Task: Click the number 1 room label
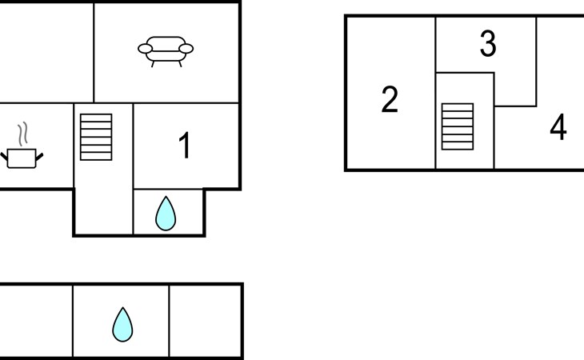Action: click(x=185, y=146)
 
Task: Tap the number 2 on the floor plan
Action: click(x=390, y=100)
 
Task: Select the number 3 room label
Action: click(x=487, y=45)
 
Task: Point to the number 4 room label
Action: click(x=558, y=127)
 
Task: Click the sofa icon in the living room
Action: click(x=166, y=50)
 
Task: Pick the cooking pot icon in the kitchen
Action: click(x=22, y=157)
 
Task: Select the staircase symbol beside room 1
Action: click(x=97, y=137)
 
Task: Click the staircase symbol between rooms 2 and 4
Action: click(x=458, y=126)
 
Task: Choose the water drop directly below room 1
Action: click(x=166, y=214)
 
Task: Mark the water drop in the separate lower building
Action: click(x=122, y=324)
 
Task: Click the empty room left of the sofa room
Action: click(x=46, y=52)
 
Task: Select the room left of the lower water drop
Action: click(x=36, y=321)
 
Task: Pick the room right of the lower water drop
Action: click(x=205, y=321)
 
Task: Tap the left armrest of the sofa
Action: click(x=145, y=49)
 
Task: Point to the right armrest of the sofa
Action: click(x=186, y=49)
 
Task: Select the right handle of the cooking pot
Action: click(x=39, y=154)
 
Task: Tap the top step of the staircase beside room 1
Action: click(x=97, y=118)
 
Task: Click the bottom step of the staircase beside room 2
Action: click(x=458, y=145)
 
